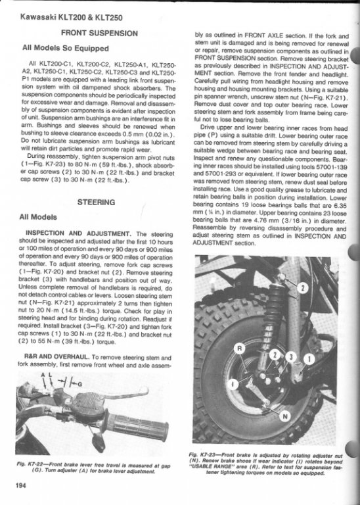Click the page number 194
[x=20, y=486]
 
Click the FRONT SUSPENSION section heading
[x=99, y=33]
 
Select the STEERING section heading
[x=96, y=203]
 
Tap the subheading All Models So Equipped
[x=66, y=48]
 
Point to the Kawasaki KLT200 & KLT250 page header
[x=72, y=17]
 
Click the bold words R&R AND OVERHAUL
[x=56, y=357]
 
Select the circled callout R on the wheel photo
[x=239, y=349]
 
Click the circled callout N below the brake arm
[x=284, y=417]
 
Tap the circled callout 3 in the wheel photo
[x=290, y=356]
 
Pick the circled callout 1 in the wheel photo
[x=309, y=359]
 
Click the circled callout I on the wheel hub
[x=233, y=383]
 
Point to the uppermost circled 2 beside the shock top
[x=302, y=288]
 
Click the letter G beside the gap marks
[x=79, y=384]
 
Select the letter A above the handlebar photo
[x=43, y=375]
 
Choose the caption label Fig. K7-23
[x=199, y=455]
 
